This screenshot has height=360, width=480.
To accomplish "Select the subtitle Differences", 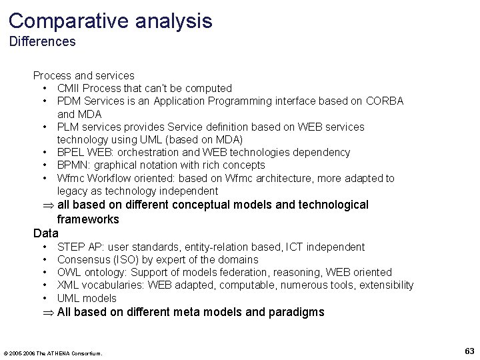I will pos(42,42).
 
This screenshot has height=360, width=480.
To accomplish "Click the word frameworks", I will pos(88,219).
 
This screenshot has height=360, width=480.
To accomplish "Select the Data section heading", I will pos(46,233).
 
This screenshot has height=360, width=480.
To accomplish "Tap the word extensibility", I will pos(386,285).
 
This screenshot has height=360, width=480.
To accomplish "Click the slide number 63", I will pos(469,351).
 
